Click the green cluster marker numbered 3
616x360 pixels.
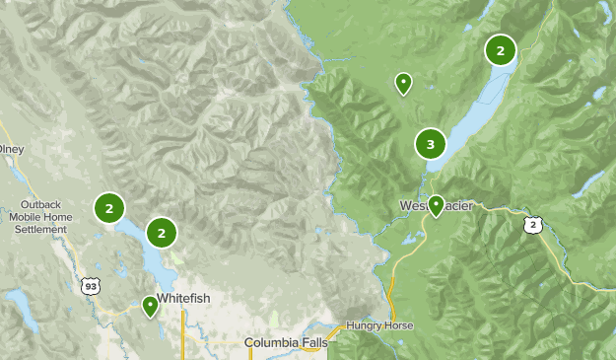(431, 145)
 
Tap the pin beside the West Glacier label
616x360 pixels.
(436, 205)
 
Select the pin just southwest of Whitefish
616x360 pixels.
(150, 306)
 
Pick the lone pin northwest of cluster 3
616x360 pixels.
(403, 83)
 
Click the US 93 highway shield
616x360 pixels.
(90, 285)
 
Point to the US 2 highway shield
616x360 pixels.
(533, 226)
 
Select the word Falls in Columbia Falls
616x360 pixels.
(320, 342)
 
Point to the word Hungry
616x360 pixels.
(367, 326)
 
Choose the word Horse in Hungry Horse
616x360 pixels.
(401, 326)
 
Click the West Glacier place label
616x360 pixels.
(437, 205)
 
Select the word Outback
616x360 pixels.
(40, 205)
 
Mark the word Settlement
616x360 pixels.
(40, 229)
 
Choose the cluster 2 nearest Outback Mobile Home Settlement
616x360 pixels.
(109, 208)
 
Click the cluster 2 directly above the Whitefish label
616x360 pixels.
(162, 232)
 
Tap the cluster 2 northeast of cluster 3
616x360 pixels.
(501, 49)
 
